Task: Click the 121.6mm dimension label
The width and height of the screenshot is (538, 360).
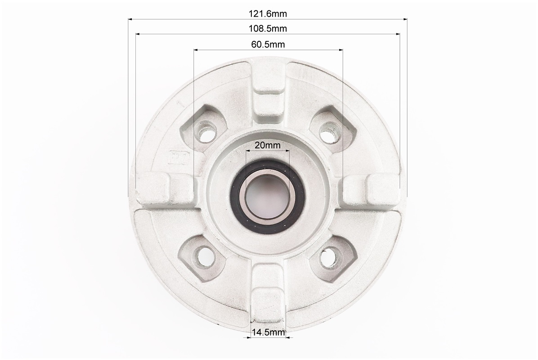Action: (x=268, y=14)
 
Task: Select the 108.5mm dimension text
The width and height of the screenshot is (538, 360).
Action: (x=268, y=28)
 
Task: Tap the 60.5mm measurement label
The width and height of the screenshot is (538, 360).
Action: (x=268, y=44)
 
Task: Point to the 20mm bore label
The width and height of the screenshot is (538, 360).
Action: (x=267, y=145)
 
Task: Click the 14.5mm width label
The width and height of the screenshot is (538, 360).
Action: (x=269, y=332)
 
